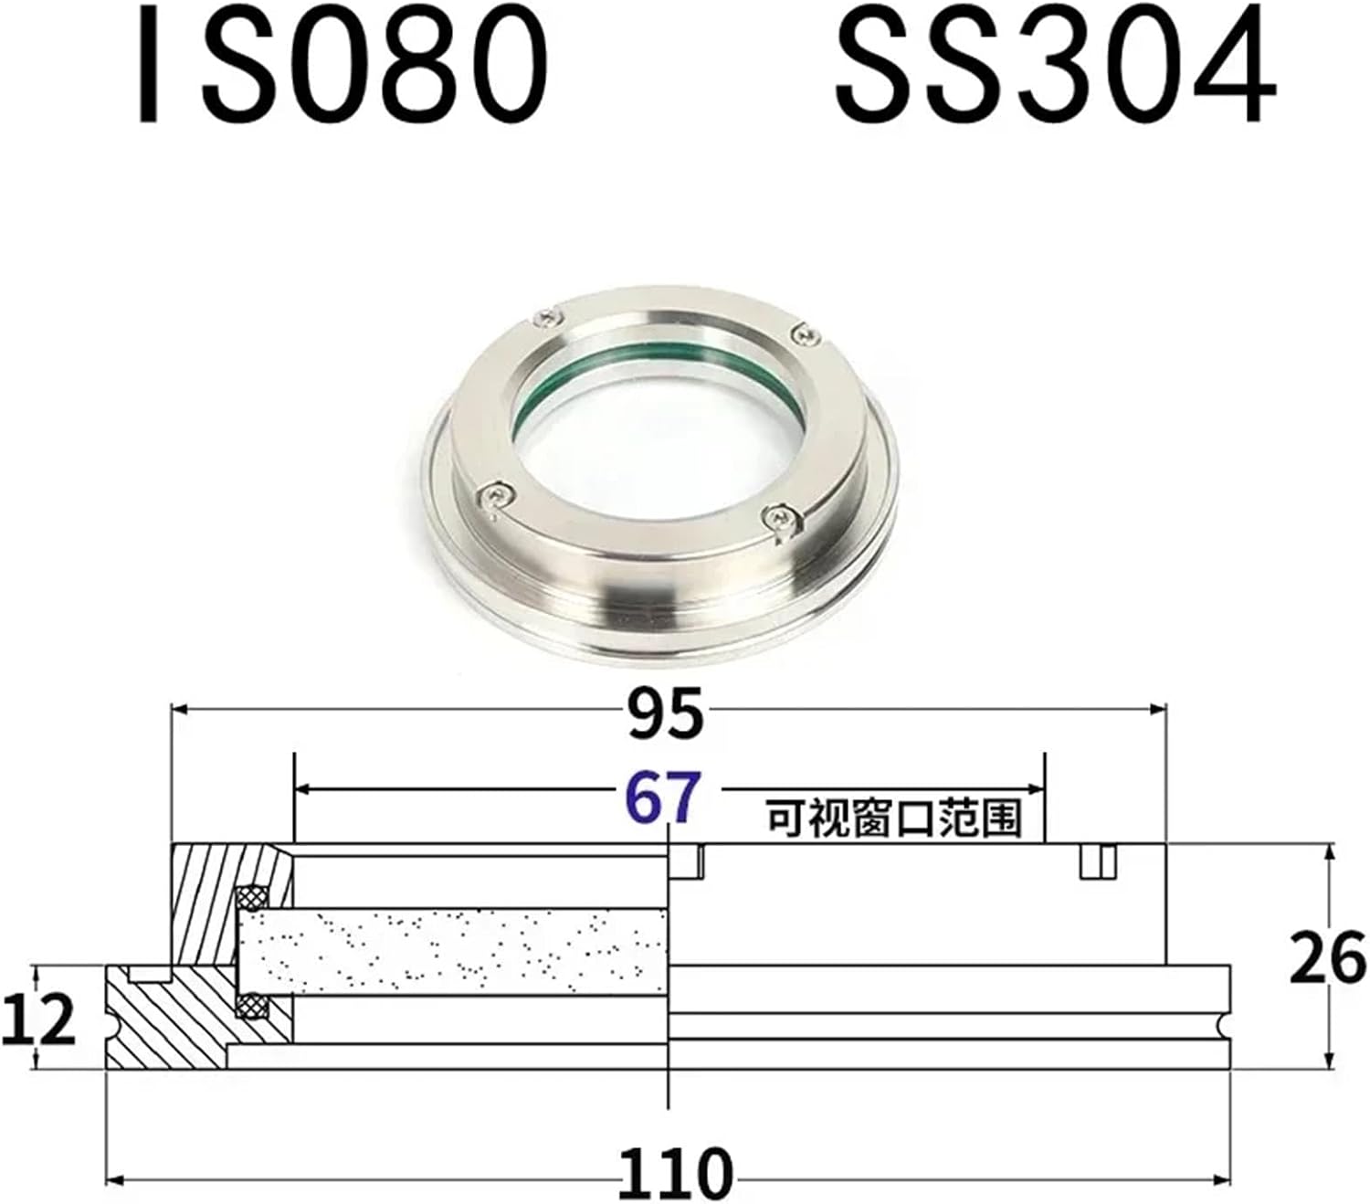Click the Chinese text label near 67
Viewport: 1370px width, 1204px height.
tap(891, 818)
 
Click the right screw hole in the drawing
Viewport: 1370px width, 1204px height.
tap(1099, 861)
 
